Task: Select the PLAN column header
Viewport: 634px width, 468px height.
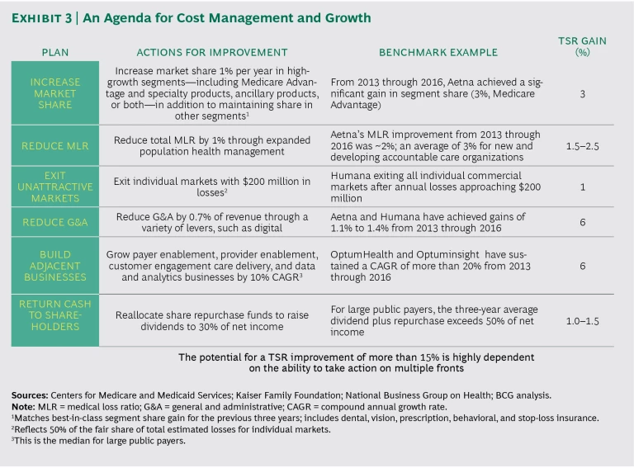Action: pos(54,52)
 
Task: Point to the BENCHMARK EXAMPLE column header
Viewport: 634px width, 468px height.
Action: pos(438,52)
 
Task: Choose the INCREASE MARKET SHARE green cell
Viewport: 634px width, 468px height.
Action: pos(54,94)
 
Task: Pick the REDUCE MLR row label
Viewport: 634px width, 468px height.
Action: pos(54,146)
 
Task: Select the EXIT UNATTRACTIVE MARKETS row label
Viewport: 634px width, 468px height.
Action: pos(54,187)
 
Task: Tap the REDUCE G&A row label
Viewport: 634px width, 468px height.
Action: pos(54,222)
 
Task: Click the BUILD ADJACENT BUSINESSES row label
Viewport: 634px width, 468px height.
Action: pos(54,267)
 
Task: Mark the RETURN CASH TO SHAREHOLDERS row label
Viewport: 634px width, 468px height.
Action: pos(54,315)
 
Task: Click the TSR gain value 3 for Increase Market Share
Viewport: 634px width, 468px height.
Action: pos(583,94)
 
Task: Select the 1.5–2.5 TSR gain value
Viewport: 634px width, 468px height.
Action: pos(583,146)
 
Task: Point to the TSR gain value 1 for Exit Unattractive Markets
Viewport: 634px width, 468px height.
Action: pos(583,187)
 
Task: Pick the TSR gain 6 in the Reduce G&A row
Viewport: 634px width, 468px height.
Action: pos(583,222)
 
